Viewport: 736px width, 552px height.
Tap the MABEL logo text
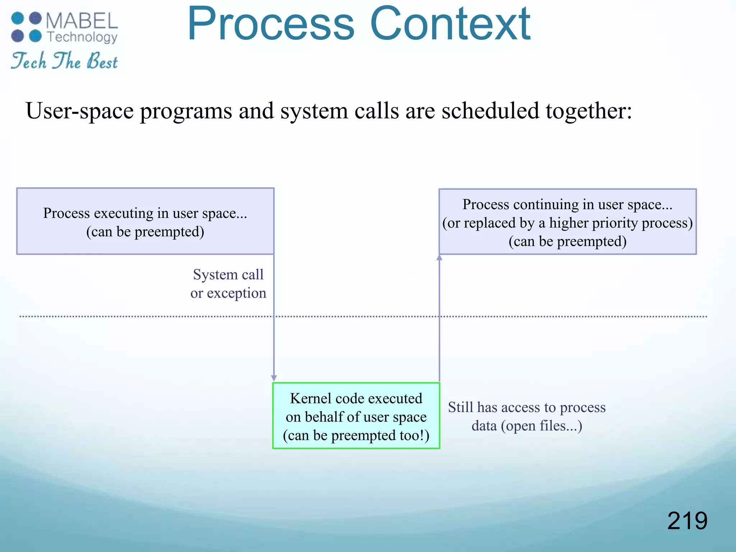tap(82, 21)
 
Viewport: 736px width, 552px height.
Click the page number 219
tap(687, 520)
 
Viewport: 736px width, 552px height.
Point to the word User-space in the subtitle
tap(79, 111)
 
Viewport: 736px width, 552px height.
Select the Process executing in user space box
tap(145, 221)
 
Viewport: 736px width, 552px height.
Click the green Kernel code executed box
tap(356, 415)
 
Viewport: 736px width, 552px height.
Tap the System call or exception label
tap(228, 284)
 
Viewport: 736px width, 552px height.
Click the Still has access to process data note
tap(526, 416)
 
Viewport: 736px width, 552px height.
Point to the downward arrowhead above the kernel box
tap(274, 378)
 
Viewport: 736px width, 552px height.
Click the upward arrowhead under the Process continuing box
tap(439, 257)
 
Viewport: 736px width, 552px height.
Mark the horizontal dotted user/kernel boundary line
tap(144, 317)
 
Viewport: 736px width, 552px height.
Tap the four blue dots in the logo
tap(26, 27)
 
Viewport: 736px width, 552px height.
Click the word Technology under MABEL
tap(82, 37)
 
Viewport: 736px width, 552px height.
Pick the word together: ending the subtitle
tap(589, 111)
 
